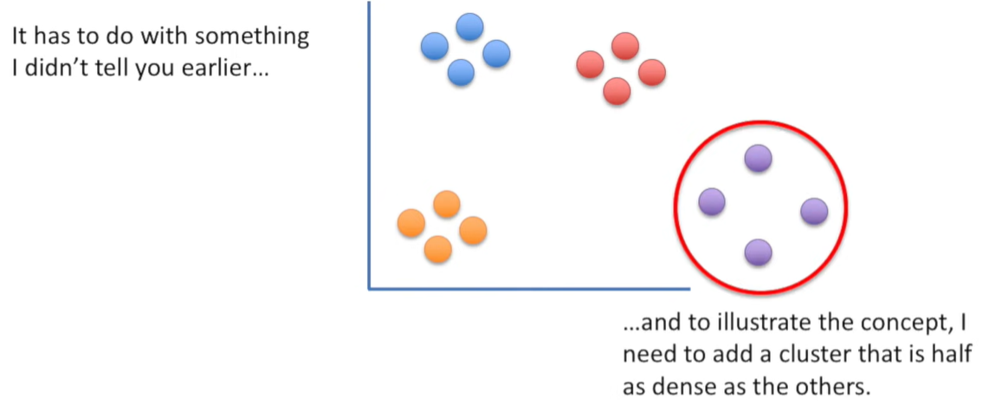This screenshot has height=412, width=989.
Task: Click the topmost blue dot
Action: click(469, 27)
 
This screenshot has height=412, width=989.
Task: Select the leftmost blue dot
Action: click(435, 45)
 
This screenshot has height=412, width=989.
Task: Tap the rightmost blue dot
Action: click(496, 54)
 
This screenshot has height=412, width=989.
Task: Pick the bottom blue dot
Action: click(461, 72)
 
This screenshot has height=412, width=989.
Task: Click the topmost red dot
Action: click(624, 45)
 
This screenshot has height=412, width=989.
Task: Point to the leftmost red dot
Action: click(590, 63)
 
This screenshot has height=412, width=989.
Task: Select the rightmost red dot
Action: click(651, 72)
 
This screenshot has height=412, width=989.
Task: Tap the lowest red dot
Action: click(617, 90)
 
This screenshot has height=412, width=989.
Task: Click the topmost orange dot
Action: click(446, 204)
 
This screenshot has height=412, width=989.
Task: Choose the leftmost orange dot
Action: click(410, 223)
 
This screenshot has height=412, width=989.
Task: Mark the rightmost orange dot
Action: click(473, 231)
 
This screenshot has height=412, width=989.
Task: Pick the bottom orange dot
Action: click(438, 250)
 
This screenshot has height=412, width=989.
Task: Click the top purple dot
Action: click(758, 158)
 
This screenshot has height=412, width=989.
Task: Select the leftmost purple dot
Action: click(712, 201)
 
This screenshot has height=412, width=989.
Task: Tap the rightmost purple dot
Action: click(814, 211)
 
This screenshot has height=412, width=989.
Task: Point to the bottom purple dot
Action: click(758, 252)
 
